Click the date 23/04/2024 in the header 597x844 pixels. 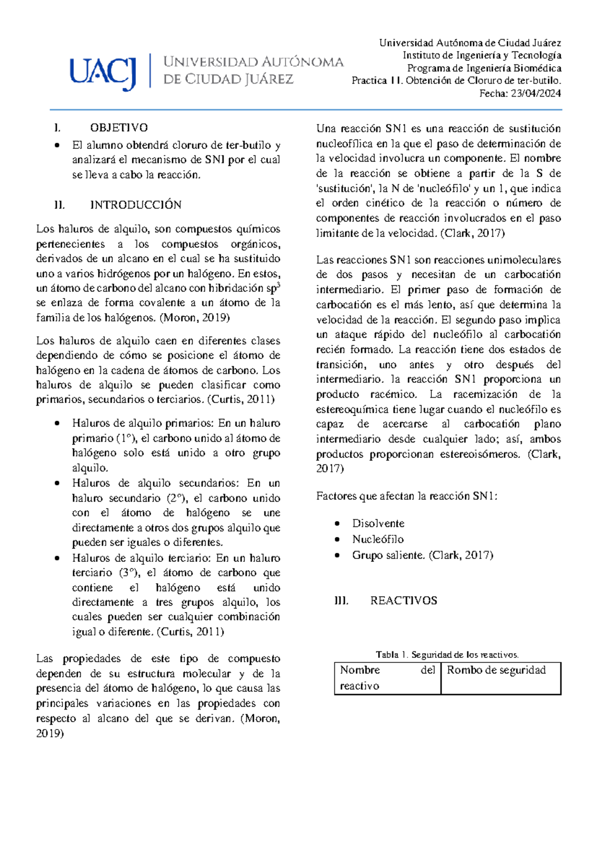pyautogui.click(x=536, y=93)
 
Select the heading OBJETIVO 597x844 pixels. pyautogui.click(x=118, y=128)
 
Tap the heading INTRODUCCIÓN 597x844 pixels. pyautogui.click(x=135, y=205)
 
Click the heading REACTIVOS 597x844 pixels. pyautogui.click(x=403, y=601)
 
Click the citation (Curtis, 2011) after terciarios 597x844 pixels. pyautogui.click(x=241, y=400)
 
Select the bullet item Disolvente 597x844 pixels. pyautogui.click(x=378, y=524)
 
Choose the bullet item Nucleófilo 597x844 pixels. pyautogui.click(x=378, y=539)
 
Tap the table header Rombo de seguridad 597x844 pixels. pyautogui.click(x=496, y=670)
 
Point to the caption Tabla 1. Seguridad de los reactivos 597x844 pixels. pyautogui.click(x=447, y=655)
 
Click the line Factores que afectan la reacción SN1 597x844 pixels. pyautogui.click(x=406, y=496)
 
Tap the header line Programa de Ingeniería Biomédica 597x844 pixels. pyautogui.click(x=484, y=68)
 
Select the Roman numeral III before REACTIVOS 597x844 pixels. pyautogui.click(x=341, y=601)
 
